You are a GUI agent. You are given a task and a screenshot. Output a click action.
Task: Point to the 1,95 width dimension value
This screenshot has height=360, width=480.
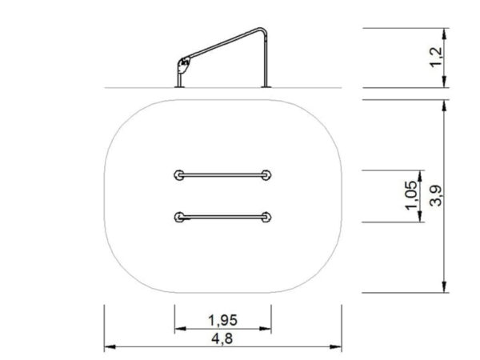[x=222, y=319]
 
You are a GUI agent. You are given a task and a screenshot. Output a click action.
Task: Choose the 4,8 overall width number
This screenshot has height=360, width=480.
[x=222, y=338]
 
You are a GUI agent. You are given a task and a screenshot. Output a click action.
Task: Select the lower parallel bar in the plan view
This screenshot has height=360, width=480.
[x=223, y=215]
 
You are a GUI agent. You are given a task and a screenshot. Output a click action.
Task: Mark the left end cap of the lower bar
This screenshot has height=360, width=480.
[x=178, y=215]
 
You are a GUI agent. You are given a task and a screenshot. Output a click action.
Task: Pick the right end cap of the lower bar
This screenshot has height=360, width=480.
[x=268, y=215]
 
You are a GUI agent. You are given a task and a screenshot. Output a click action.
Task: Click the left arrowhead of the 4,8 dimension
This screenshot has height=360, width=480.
[x=108, y=347]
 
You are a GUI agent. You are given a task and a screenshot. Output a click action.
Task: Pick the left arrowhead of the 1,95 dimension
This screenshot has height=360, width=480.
[x=178, y=328]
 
